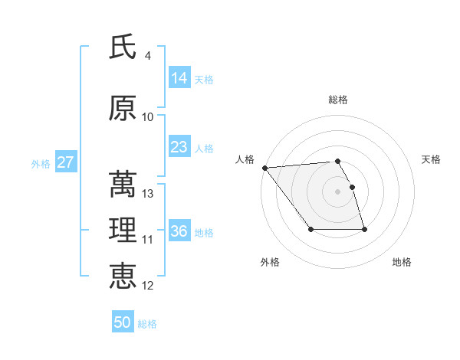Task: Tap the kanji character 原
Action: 123,109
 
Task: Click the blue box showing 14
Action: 179,78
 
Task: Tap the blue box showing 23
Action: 179,147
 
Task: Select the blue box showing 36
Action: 179,231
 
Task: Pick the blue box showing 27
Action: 65,162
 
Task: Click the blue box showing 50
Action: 123,322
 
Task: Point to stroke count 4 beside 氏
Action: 147,56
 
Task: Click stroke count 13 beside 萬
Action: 148,194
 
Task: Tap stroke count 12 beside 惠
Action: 148,286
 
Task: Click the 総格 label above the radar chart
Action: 338,100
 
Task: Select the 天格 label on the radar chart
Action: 432,159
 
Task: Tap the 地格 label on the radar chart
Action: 402,262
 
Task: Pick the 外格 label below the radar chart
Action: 270,262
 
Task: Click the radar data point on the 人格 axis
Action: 264,168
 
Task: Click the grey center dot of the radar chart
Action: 338,191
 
